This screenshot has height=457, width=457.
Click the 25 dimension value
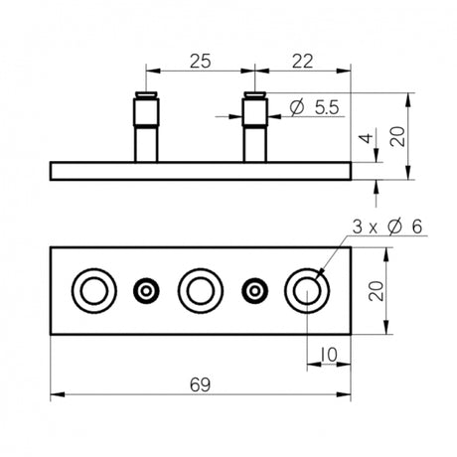tap(199, 62)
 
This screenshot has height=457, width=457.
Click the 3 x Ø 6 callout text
tap(386, 228)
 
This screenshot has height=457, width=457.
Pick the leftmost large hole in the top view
tap(92, 290)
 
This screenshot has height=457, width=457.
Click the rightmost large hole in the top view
tap(305, 290)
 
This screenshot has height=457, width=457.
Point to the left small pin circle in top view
tap(146, 290)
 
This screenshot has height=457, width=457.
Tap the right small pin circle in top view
tap(254, 290)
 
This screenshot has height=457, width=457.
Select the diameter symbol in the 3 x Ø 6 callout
tap(394, 228)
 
